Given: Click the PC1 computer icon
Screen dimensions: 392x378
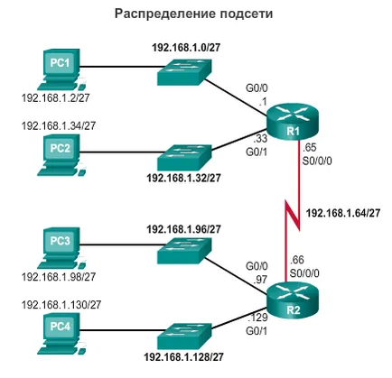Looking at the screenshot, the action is pyautogui.click(x=61, y=69).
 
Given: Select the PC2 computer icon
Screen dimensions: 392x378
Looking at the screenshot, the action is pyautogui.click(x=61, y=155).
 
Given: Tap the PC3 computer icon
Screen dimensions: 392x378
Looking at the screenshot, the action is pyautogui.click(x=61, y=247).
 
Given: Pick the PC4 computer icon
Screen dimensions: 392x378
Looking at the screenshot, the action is pyautogui.click(x=61, y=333).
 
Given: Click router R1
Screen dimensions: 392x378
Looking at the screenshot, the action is pyautogui.click(x=292, y=124).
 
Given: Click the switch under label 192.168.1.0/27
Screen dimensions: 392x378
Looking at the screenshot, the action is pyautogui.click(x=184, y=71).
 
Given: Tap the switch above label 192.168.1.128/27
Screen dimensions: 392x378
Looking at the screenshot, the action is pyautogui.click(x=184, y=337).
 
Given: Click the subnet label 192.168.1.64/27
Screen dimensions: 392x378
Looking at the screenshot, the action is pyautogui.click(x=343, y=213).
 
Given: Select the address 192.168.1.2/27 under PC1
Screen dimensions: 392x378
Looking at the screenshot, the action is pyautogui.click(x=56, y=97).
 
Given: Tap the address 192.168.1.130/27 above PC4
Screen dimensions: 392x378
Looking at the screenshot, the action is pyautogui.click(x=61, y=305).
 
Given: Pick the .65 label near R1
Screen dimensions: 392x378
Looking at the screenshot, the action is pyautogui.click(x=310, y=148).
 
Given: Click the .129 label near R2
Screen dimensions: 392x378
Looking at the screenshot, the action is pyautogui.click(x=257, y=318).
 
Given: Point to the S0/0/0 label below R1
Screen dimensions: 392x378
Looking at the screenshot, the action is pyautogui.click(x=317, y=161).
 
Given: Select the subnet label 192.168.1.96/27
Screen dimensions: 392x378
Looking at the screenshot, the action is pyautogui.click(x=183, y=229).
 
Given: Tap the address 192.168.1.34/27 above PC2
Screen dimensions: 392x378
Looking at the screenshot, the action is pyautogui.click(x=59, y=125).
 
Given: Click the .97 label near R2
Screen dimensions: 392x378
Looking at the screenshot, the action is pyautogui.click(x=260, y=280).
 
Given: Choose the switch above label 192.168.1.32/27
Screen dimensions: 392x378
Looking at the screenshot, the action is pyautogui.click(x=184, y=158).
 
